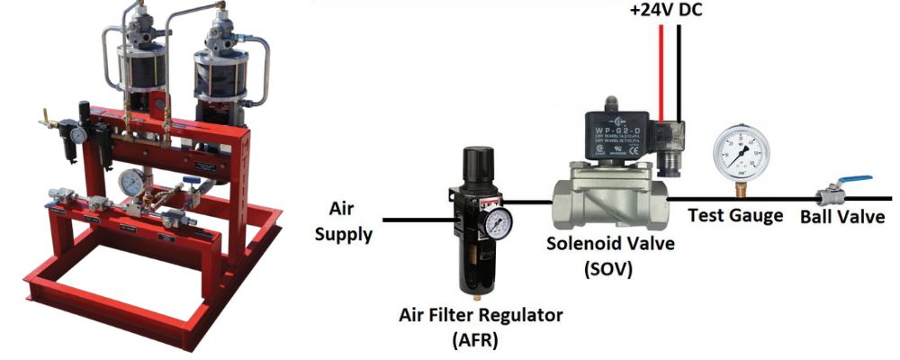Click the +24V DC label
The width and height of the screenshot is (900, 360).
669,13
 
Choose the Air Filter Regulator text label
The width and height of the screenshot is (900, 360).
481,316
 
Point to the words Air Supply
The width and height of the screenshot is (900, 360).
344,220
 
